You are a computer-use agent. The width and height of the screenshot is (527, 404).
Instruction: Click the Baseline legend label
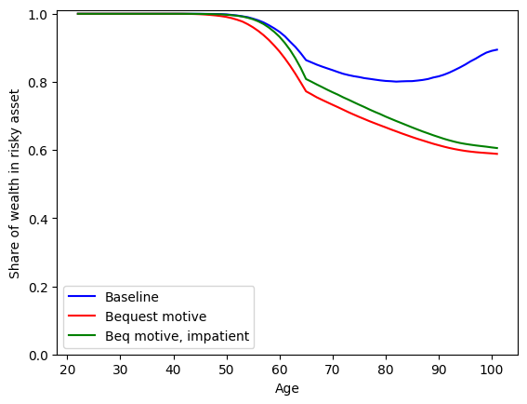(x=132, y=298)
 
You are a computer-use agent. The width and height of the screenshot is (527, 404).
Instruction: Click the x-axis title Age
(x=287, y=389)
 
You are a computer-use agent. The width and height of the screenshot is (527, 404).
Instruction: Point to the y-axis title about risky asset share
(x=14, y=183)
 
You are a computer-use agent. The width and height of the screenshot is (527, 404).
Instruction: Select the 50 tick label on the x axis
(x=226, y=370)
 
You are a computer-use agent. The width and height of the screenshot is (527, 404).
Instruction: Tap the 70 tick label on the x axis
(x=333, y=370)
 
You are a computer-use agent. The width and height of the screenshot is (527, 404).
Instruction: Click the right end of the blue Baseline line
(x=497, y=49)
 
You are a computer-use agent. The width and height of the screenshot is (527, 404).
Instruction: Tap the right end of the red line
(x=497, y=154)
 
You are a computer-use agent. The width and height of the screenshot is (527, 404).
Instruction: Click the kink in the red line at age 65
(x=306, y=91)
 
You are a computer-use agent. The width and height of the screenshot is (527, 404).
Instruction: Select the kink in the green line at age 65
(x=306, y=78)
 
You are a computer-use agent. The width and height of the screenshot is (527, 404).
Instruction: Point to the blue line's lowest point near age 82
(x=397, y=82)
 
